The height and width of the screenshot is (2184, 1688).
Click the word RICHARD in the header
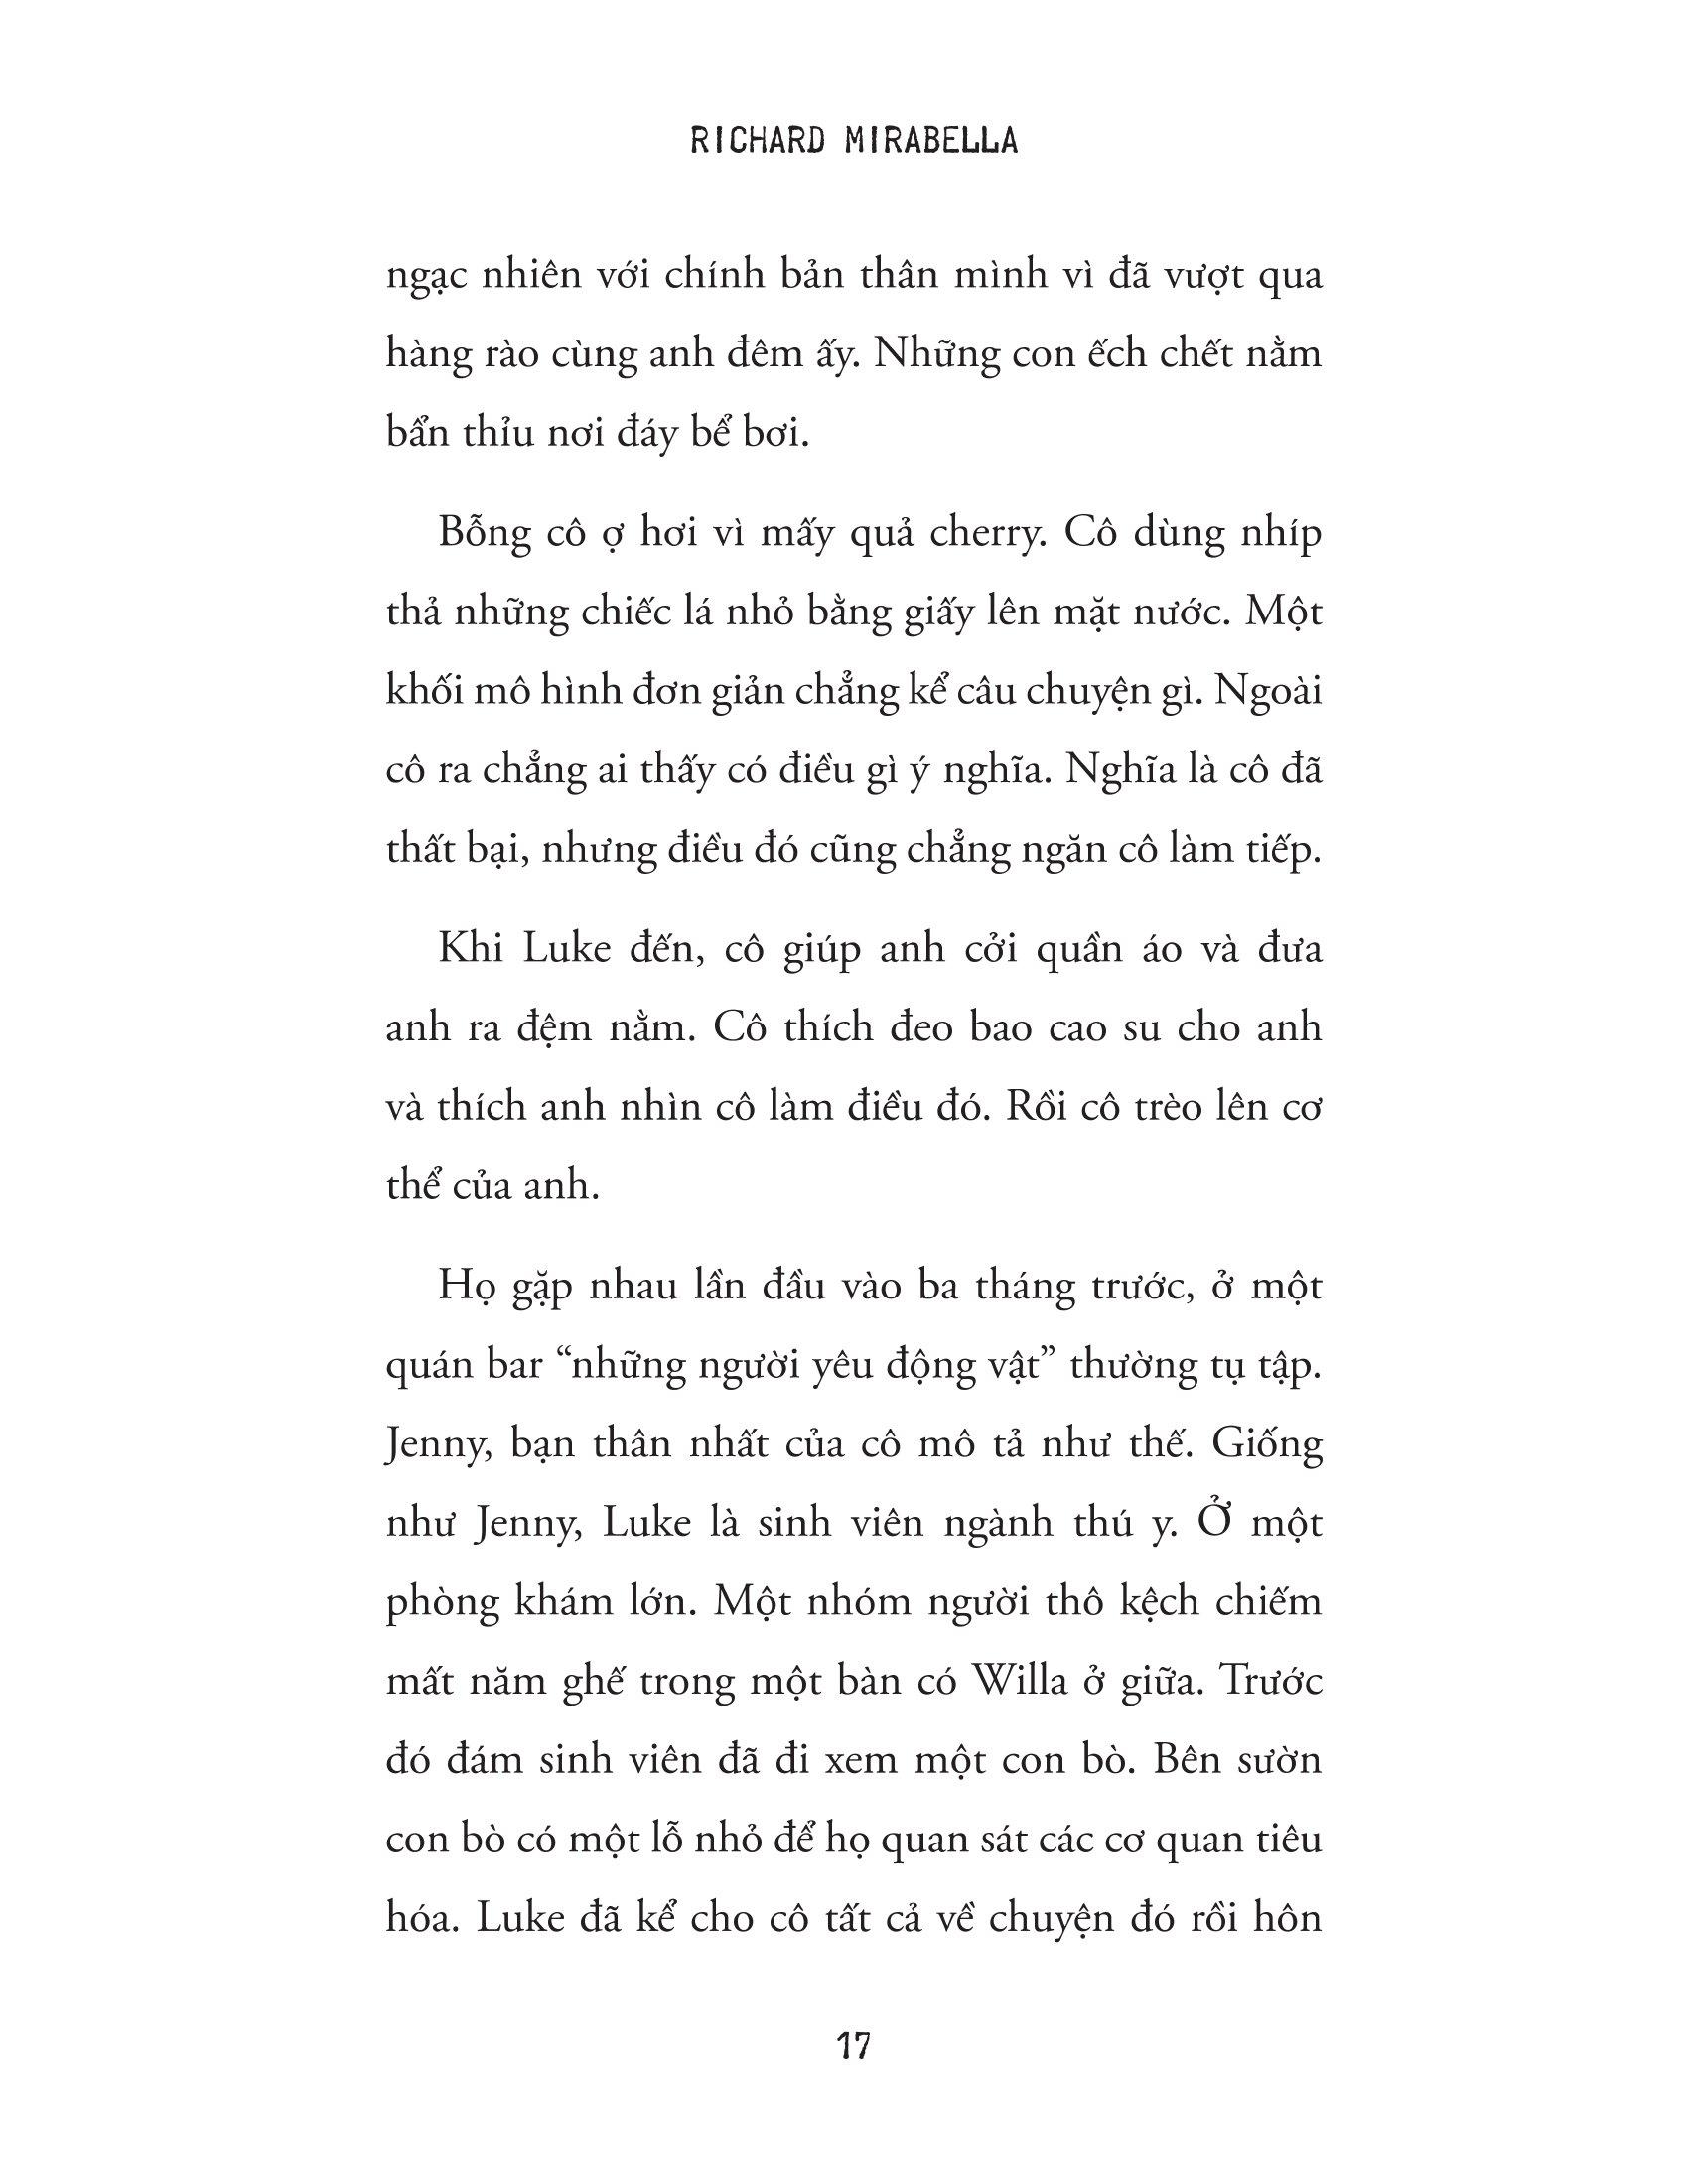coord(756,142)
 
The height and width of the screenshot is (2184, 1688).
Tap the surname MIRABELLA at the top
coord(929,142)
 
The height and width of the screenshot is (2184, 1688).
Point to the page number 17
coord(852,2046)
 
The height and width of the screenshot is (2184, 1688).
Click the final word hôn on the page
coord(1289,1917)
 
